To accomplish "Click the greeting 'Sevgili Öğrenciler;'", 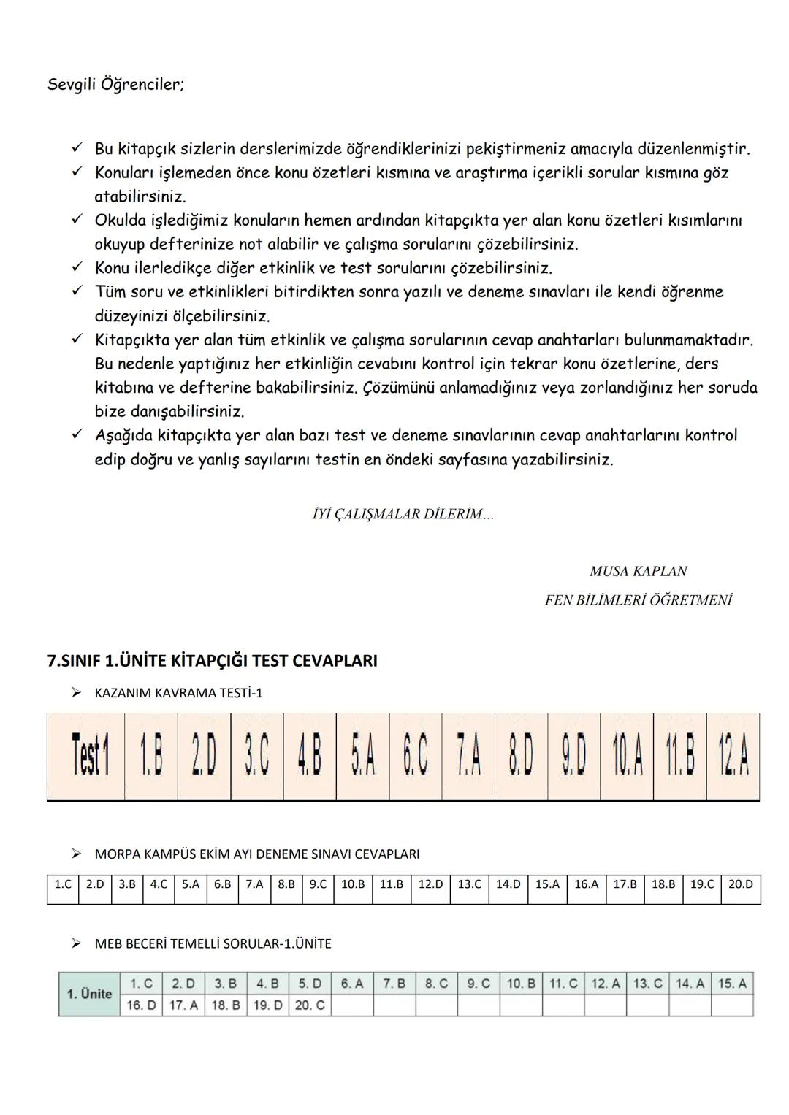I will click(x=115, y=85).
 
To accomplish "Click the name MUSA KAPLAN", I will click(x=638, y=571).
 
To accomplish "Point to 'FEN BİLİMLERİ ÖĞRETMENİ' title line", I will click(x=638, y=600).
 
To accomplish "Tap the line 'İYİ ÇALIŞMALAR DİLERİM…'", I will click(x=403, y=514).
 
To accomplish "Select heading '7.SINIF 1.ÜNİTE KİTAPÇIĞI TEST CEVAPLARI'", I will click(x=212, y=661).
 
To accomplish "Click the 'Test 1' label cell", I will click(x=89, y=756).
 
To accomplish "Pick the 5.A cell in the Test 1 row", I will click(x=363, y=756).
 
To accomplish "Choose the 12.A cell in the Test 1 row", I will click(x=733, y=756).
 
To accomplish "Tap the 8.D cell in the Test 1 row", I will click(x=521, y=756).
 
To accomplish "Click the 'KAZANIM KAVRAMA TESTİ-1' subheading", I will click(x=178, y=693).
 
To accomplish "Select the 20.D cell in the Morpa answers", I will click(x=740, y=884).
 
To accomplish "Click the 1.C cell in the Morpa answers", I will click(x=63, y=884).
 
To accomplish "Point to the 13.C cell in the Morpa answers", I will click(x=469, y=884).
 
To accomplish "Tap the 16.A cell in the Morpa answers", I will click(x=586, y=884).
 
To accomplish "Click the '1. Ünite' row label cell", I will click(x=89, y=994).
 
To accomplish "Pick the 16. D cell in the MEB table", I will click(x=141, y=1005).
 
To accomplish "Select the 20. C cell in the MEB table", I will click(x=310, y=1005).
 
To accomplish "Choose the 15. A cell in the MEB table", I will click(x=732, y=984).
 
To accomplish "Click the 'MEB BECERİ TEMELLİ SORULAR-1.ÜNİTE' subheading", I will click(x=213, y=944).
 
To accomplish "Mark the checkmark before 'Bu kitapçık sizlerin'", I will click(x=77, y=148).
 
